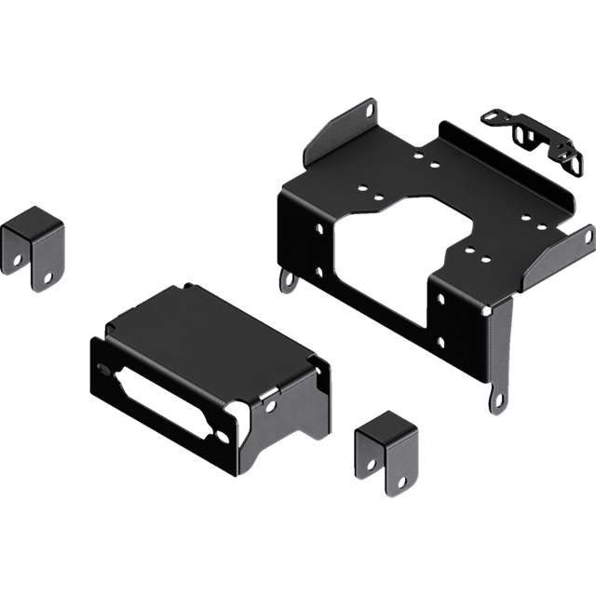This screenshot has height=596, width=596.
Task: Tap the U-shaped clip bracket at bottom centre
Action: (x=387, y=455)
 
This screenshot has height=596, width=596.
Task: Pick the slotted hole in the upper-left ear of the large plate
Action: (x=371, y=110)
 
